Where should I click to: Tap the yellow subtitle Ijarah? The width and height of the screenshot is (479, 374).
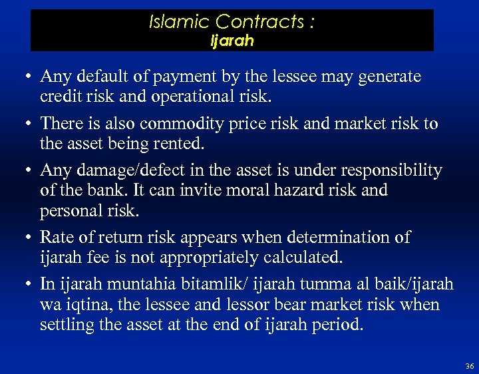[232, 41]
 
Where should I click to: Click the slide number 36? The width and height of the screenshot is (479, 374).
[470, 367]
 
